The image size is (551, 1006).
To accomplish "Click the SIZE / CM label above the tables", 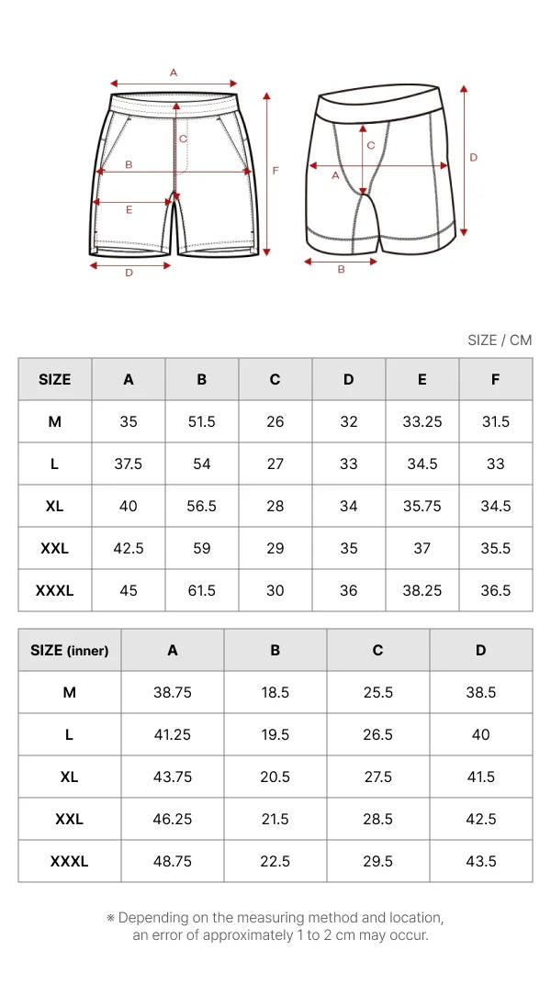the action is pos(500,340).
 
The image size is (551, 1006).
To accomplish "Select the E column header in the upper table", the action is pos(422,379).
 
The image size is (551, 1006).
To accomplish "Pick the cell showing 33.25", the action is pos(422,421).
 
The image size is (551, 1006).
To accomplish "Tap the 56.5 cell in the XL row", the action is pos(202,506).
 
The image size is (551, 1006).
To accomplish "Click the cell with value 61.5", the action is pos(202,590).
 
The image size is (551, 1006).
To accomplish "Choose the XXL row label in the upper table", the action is pos(54,549).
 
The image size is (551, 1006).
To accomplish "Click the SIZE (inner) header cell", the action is pos(70,651).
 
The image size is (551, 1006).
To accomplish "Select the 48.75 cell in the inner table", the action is pos(172,861).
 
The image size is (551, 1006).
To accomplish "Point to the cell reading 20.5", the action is pos(275,777).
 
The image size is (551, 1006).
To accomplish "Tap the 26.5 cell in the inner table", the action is pos(377,734).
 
